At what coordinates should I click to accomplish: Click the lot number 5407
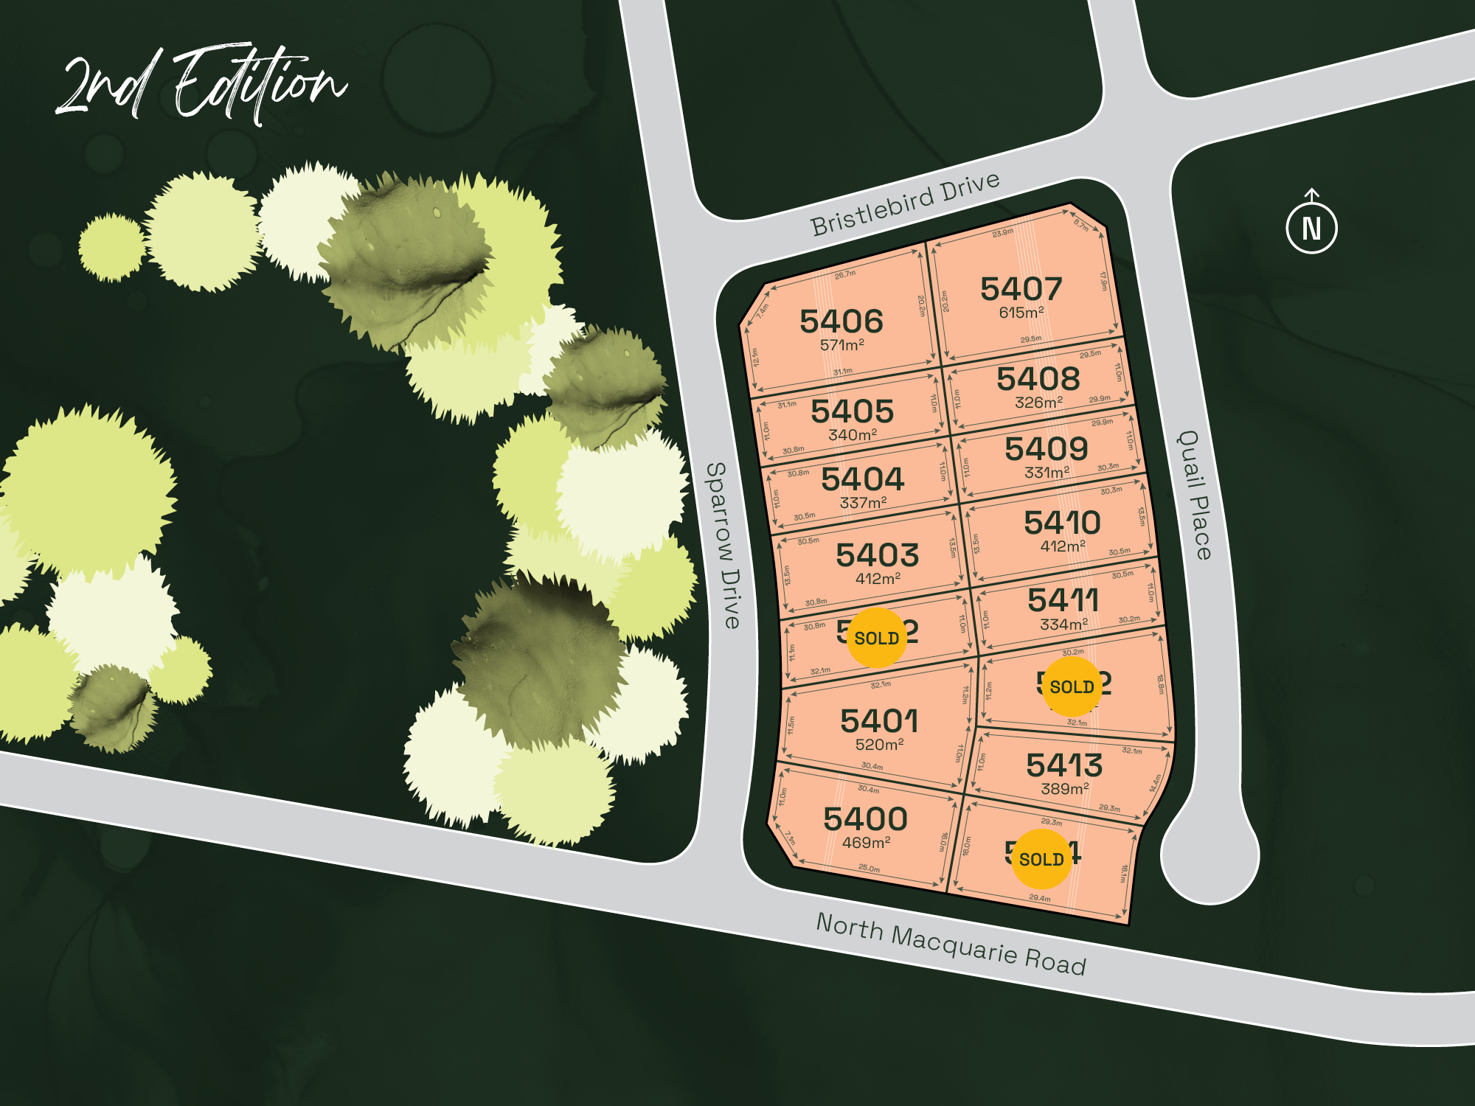(1021, 289)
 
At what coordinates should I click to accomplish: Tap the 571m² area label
(841, 344)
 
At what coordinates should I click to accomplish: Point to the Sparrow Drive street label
(723, 546)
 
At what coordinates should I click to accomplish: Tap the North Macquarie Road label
(951, 944)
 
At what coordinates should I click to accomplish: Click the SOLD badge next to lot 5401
(876, 638)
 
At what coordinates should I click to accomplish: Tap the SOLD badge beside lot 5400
(1041, 859)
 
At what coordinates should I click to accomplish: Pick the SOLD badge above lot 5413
(1072, 686)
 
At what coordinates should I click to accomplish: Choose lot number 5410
(1062, 523)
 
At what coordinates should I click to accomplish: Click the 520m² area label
(879, 745)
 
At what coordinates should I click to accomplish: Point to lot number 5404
(862, 479)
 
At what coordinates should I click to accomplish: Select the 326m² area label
(1038, 403)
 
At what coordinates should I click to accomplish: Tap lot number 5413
(1064, 765)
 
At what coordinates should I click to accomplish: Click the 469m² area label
(866, 842)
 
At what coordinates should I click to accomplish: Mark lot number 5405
(852, 411)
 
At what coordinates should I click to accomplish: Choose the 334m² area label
(1063, 625)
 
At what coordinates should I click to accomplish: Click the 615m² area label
(1021, 313)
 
